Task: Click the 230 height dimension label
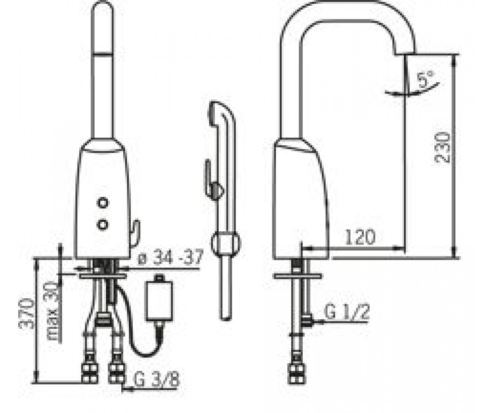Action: pyautogui.click(x=442, y=148)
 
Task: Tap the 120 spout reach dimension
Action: pyautogui.click(x=361, y=237)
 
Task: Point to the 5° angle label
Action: pyautogui.click(x=426, y=79)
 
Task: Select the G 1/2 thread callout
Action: pyautogui.click(x=346, y=312)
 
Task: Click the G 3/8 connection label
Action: pyautogui.click(x=157, y=379)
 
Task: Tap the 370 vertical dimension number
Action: pyautogui.click(x=26, y=313)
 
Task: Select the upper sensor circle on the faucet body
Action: pyautogui.click(x=103, y=203)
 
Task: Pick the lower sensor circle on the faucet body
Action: pyautogui.click(x=103, y=225)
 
